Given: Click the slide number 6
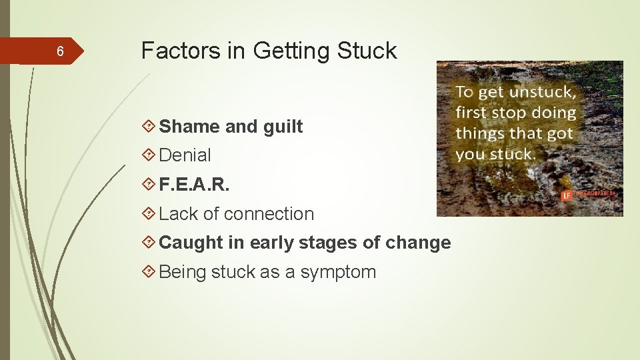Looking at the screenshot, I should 60,51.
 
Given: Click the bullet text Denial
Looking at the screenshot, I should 185,155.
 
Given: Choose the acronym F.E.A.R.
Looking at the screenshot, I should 194,185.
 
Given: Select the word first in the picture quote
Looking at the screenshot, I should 471,113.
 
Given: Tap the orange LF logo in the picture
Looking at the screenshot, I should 567,195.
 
